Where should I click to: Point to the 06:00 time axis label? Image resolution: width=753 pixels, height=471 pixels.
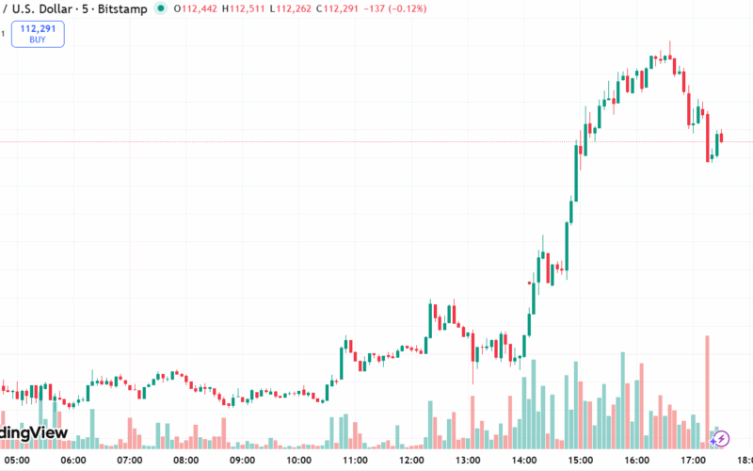point(73,461)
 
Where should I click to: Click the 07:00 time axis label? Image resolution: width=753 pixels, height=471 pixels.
point(130,461)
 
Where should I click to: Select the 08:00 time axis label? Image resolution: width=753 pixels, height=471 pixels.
point(186,461)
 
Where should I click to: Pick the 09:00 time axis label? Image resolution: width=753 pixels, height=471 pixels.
point(243,461)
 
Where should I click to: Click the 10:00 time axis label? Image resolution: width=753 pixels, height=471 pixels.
point(299,461)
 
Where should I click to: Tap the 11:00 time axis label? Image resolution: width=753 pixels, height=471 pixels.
point(356,461)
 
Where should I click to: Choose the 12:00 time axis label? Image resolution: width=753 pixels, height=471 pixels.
point(412,461)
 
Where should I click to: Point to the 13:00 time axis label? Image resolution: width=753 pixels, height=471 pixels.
point(469,461)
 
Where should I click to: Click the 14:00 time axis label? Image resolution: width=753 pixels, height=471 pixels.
point(525,461)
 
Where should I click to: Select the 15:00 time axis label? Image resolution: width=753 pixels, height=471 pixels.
point(582,461)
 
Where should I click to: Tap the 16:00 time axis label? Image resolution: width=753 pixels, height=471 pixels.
point(638,461)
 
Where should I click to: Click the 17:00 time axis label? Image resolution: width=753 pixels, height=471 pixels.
point(695,461)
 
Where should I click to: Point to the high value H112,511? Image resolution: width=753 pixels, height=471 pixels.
point(243,8)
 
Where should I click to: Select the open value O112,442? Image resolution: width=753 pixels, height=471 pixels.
point(195,8)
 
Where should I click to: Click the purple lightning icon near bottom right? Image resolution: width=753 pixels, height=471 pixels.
point(719,438)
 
